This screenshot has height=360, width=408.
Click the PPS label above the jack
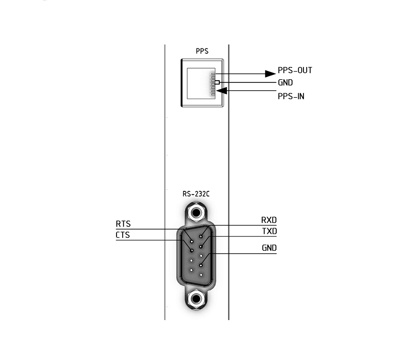202,51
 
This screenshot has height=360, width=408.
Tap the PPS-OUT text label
295,70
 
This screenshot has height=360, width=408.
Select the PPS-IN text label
291,96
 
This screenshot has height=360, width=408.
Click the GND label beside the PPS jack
285,83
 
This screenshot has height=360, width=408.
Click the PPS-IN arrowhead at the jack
221,91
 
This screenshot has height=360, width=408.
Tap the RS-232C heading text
196,194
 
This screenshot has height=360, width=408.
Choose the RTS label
123,224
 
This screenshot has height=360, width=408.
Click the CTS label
123,235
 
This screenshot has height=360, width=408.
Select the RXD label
269,220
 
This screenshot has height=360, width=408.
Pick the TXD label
270,231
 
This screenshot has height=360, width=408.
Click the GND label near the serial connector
269,248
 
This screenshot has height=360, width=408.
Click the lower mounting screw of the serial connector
196,299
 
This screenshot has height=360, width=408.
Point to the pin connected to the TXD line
201,247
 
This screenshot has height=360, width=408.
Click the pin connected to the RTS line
192,241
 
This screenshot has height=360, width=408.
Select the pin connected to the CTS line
191,251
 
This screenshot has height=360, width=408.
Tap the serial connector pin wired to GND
201,265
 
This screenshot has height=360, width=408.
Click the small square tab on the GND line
217,82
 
